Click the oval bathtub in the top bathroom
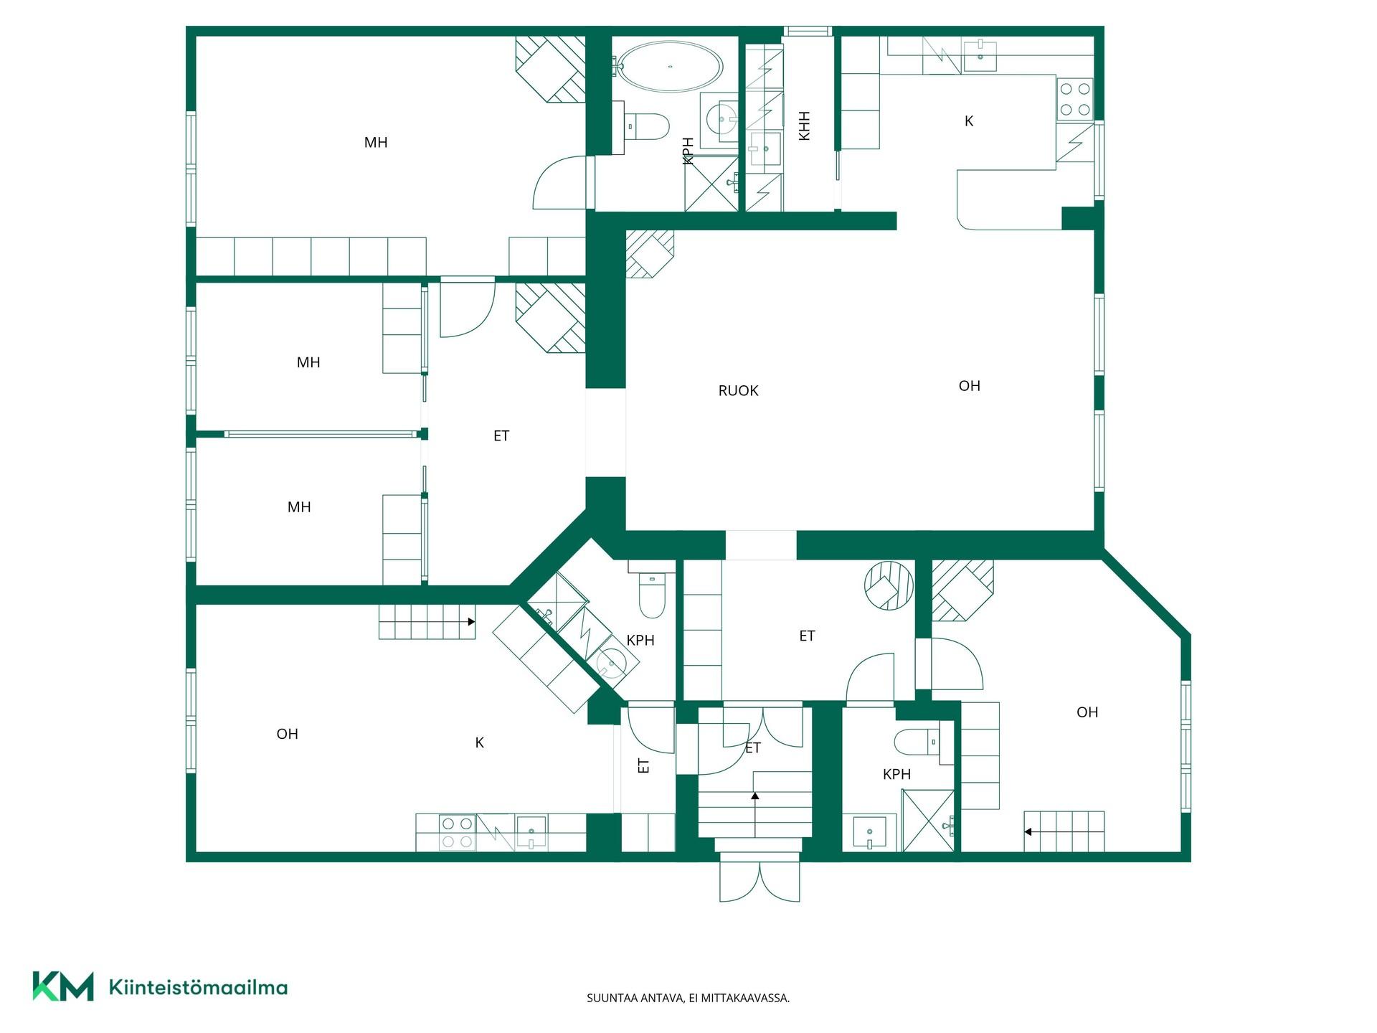670,66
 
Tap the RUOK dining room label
738,391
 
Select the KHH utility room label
804,126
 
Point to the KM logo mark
63,986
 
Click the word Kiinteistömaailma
198,987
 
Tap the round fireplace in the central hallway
889,585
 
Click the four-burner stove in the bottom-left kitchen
457,832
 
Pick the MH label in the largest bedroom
376,143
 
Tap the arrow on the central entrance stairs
755,814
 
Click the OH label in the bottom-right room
1087,712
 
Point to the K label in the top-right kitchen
969,121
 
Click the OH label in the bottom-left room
288,734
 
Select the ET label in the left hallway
501,435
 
